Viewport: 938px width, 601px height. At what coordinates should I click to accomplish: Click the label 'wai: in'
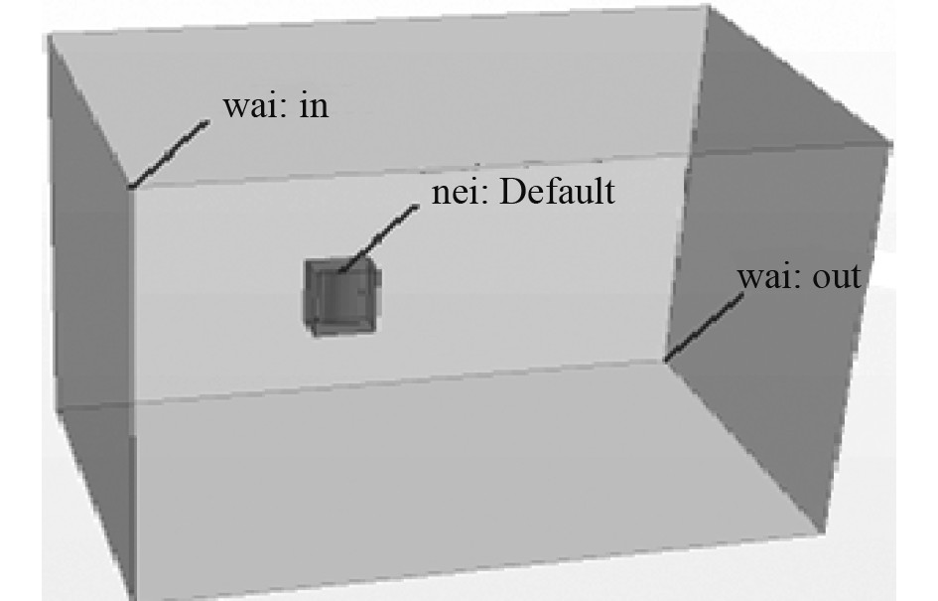[x=275, y=106]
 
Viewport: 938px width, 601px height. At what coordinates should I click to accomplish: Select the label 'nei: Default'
[x=522, y=191]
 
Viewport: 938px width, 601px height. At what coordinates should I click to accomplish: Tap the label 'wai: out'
[x=798, y=277]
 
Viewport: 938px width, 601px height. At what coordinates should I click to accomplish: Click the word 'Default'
[x=556, y=191]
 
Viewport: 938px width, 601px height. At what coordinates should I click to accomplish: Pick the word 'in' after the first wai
[x=313, y=106]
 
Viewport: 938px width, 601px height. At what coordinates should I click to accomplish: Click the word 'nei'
[x=454, y=191]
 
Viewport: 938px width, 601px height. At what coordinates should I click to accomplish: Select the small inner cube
[x=341, y=296]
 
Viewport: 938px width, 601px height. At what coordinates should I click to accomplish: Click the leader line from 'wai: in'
[x=169, y=154]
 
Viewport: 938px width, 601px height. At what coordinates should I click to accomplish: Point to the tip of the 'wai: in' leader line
[x=131, y=186]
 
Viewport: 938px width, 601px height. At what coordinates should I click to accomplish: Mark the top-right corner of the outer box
[x=708, y=8]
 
